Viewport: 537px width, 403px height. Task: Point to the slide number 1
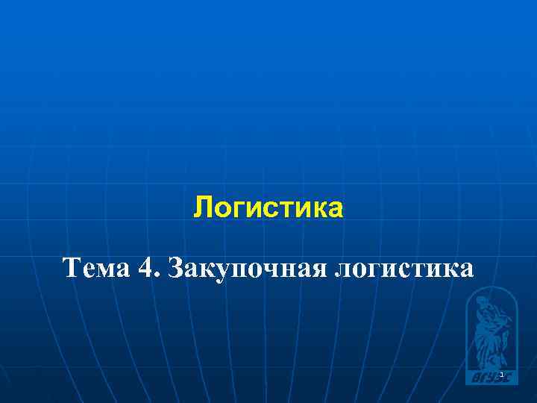coord(502,374)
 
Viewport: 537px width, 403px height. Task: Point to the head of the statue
coord(483,301)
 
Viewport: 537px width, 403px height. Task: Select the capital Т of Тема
coord(72,266)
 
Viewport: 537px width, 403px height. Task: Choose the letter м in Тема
coord(107,268)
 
